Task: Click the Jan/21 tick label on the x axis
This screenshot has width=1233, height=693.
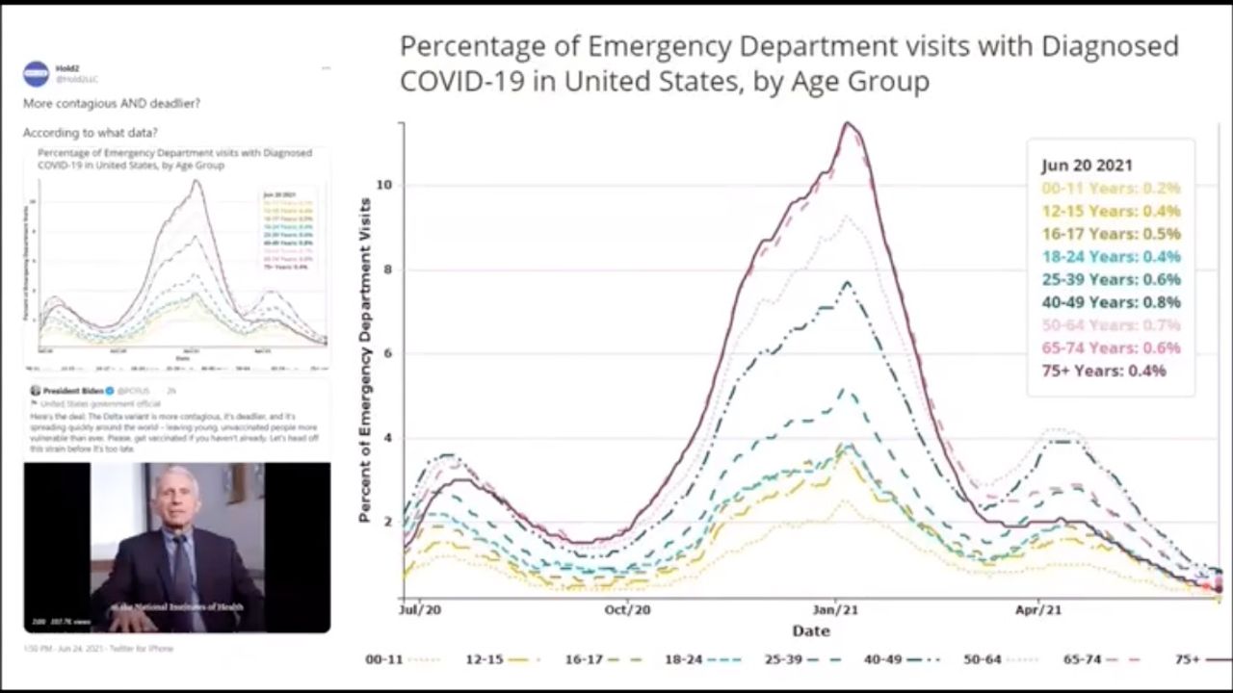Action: point(835,610)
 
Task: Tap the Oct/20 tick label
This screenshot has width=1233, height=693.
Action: point(628,610)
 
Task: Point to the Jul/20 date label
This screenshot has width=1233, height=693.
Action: point(420,610)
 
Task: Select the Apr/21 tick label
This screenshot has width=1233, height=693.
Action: point(1039,610)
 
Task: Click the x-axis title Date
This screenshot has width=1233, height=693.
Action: point(810,631)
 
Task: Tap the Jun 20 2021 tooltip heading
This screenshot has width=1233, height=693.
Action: point(1087,166)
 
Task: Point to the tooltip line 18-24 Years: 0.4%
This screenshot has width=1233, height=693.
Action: point(1111,257)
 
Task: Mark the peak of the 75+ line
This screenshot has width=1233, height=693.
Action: point(848,123)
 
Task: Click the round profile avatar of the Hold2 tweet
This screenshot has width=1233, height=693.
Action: point(36,73)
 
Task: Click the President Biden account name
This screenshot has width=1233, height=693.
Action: point(73,391)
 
